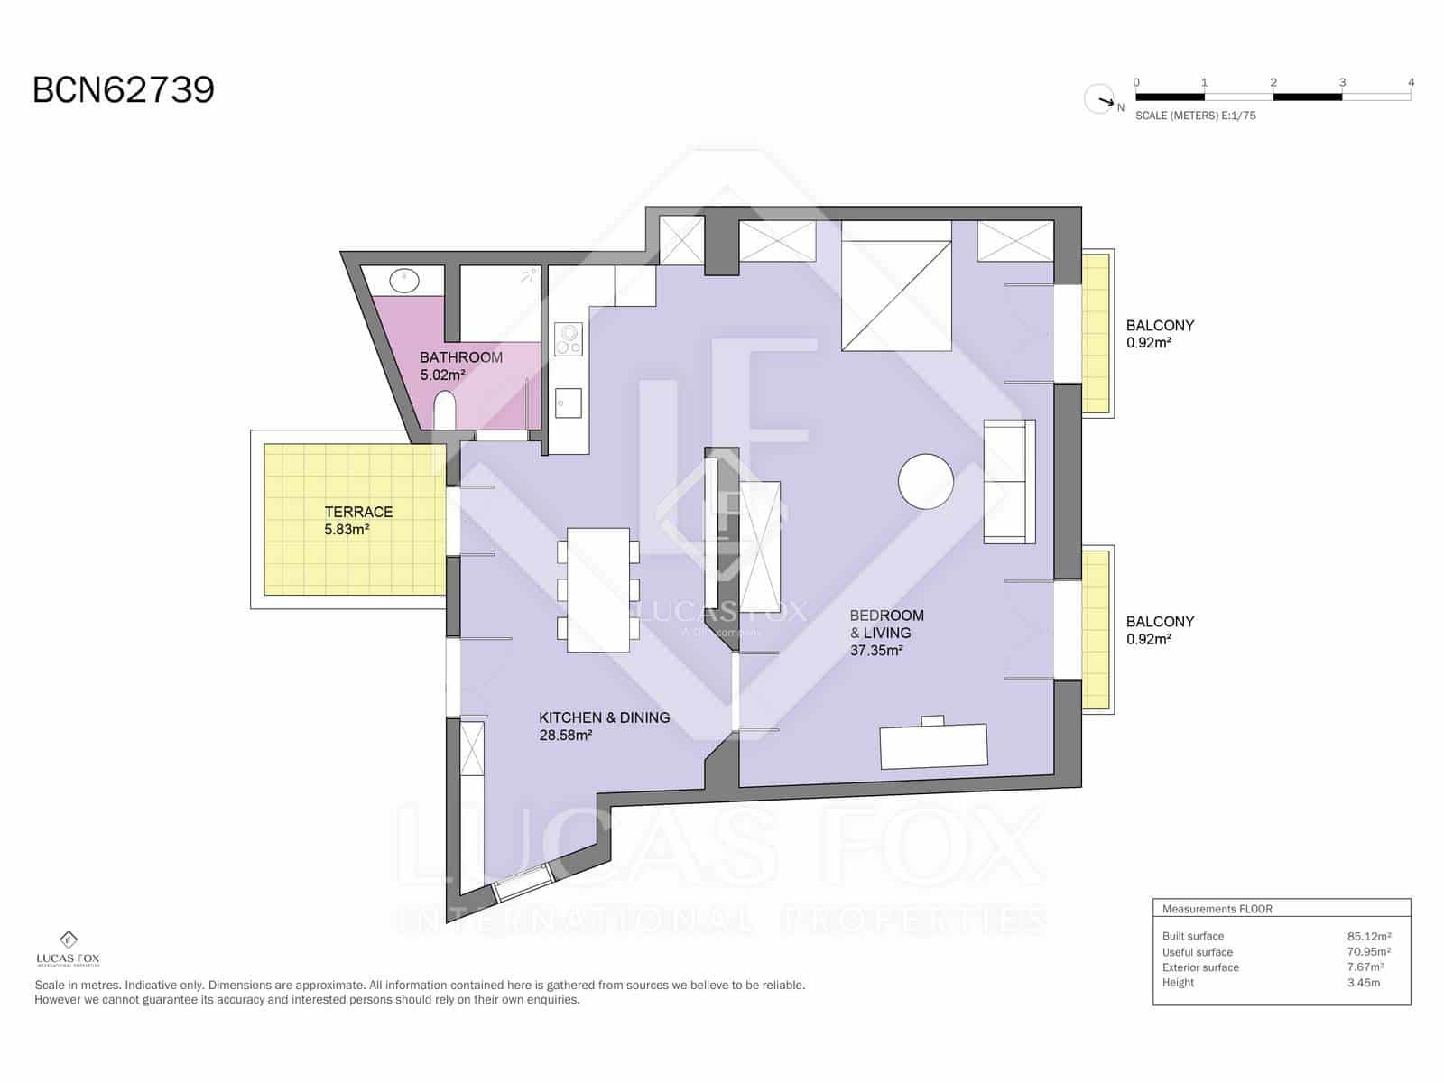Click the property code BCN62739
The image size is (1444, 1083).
tap(124, 90)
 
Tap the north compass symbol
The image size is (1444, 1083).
tap(1100, 98)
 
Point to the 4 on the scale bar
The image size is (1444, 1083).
tap(1411, 82)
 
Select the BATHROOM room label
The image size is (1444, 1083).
tap(460, 357)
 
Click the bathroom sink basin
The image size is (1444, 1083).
tap(405, 280)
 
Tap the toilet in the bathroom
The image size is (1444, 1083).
tap(445, 411)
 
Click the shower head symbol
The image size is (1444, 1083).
tap(529, 275)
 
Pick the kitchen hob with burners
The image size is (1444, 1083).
tap(569, 339)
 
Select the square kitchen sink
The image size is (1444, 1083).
tap(569, 403)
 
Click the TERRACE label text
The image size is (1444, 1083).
tap(358, 512)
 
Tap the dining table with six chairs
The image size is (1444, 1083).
tap(597, 589)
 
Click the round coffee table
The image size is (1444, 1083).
tap(926, 481)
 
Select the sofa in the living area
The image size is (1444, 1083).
tap(1009, 481)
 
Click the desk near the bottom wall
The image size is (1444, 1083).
tap(933, 745)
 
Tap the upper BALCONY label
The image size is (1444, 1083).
tap(1160, 325)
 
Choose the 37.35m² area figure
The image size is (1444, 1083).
tap(875, 650)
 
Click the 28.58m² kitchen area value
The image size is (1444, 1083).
tap(565, 736)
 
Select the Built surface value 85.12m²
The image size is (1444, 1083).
tap(1368, 936)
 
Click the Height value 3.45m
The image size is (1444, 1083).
tap(1363, 982)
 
